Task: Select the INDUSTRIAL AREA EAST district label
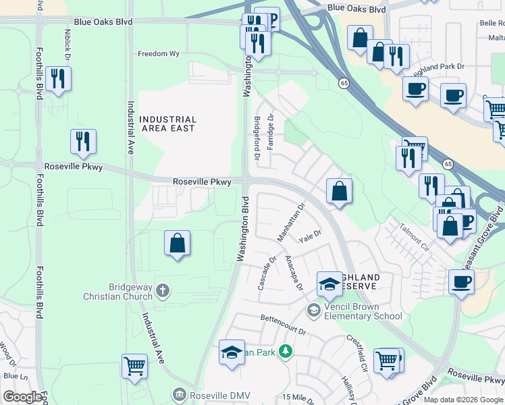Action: click(167, 124)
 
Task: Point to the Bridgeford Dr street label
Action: click(257, 137)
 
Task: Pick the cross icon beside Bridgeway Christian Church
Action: click(162, 291)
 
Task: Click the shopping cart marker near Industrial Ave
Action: click(134, 366)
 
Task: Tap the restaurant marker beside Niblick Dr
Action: click(58, 79)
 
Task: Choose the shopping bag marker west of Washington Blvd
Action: click(177, 243)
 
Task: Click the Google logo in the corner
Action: click(22, 397)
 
